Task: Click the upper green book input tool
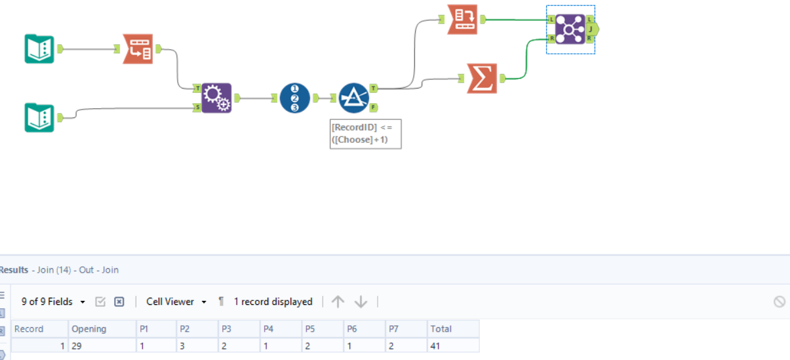(39, 49)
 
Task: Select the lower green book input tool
(39, 117)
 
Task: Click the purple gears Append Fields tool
(216, 98)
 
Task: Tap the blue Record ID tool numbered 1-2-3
(294, 98)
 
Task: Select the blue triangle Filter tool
(354, 98)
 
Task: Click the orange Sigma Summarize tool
(482, 78)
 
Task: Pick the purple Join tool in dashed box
(570, 30)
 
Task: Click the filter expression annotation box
(365, 134)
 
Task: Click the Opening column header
(89, 329)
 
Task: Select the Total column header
(441, 329)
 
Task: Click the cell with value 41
(436, 346)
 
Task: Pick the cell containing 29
(78, 346)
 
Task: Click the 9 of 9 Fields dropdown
(53, 302)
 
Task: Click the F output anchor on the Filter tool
(373, 107)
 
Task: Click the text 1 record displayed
(273, 302)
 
